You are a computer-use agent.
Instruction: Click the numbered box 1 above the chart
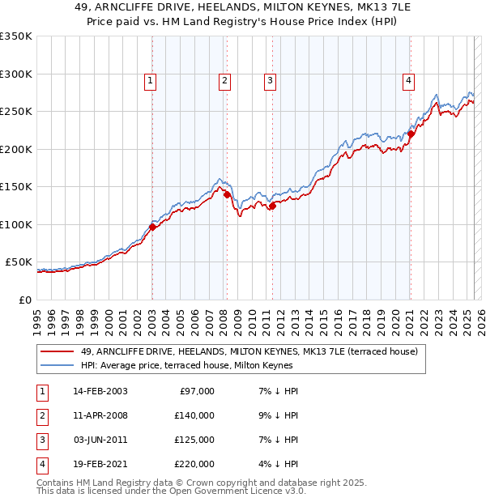[151, 80]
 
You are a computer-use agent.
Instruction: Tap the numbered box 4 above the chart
[409, 80]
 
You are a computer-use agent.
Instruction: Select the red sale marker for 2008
[227, 194]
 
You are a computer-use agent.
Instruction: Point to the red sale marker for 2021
[411, 134]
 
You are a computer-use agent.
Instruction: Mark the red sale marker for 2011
[272, 206]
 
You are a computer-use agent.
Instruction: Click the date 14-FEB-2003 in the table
[100, 391]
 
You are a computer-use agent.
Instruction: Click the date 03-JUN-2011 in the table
[100, 440]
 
